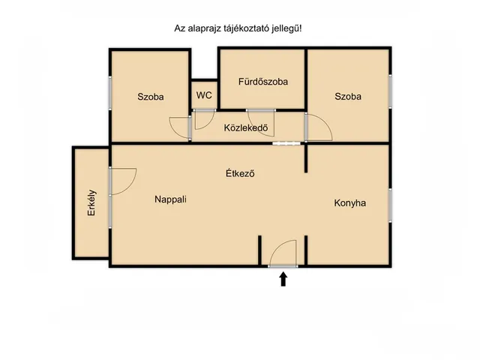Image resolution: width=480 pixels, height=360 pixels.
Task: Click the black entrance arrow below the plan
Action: pyautogui.click(x=283, y=279)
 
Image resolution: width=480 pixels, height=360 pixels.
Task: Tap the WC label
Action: pyautogui.click(x=204, y=95)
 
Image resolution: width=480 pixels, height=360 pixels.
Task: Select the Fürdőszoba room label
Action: pyautogui.click(x=263, y=81)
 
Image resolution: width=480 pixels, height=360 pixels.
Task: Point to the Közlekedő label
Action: pyautogui.click(x=246, y=127)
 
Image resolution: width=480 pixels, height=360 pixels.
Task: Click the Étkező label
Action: pyautogui.click(x=241, y=173)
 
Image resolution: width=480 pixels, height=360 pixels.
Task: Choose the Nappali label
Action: pyautogui.click(x=170, y=199)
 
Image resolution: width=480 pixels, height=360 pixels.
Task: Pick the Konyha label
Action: pyautogui.click(x=350, y=202)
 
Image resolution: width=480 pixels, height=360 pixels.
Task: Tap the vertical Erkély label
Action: pyautogui.click(x=91, y=202)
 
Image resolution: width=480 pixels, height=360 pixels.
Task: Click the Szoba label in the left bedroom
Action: pyautogui.click(x=150, y=97)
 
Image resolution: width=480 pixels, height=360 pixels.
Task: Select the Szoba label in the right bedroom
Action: pyautogui.click(x=348, y=97)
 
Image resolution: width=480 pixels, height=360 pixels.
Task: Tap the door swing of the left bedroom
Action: pyautogui.click(x=181, y=127)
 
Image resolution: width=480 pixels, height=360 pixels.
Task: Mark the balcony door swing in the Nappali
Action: pyautogui.click(x=123, y=181)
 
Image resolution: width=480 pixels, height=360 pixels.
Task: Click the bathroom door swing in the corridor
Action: pyautogui.click(x=262, y=121)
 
